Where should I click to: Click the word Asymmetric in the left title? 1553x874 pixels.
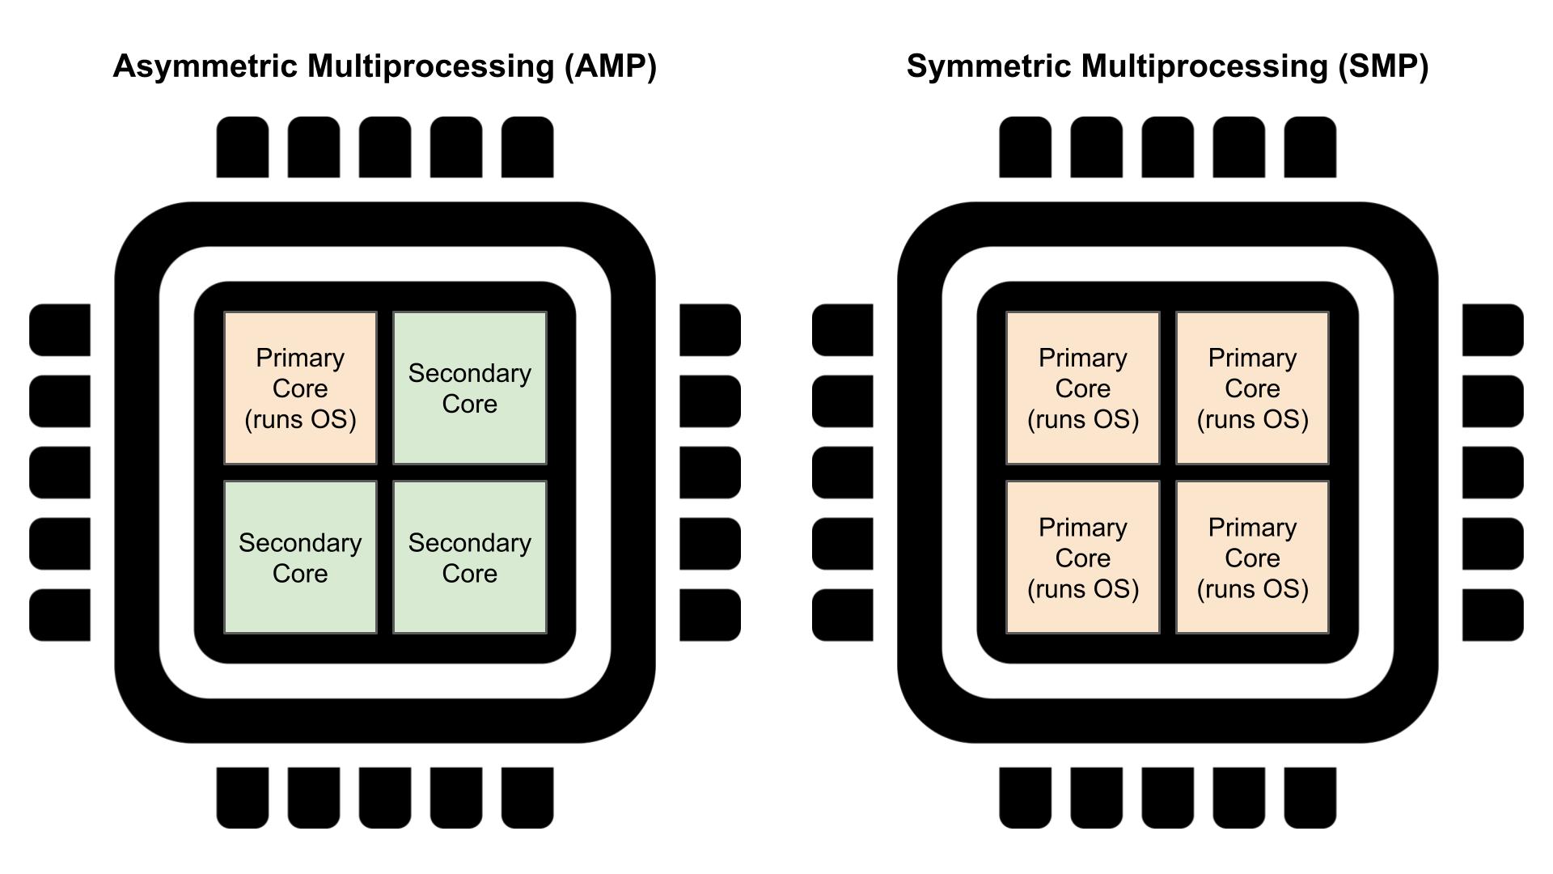click(x=205, y=66)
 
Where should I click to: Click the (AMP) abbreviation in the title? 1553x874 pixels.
click(x=610, y=66)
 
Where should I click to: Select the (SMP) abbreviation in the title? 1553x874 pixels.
click(x=1382, y=66)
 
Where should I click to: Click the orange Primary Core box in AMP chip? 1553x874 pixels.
click(x=300, y=388)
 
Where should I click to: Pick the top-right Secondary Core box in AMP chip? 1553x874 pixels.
click(x=470, y=388)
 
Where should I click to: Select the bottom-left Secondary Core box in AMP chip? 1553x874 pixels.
click(x=300, y=558)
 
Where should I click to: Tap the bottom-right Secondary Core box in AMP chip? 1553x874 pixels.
click(x=470, y=558)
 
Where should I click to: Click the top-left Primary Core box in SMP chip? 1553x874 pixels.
click(x=1083, y=388)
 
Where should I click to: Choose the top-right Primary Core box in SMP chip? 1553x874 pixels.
click(x=1253, y=388)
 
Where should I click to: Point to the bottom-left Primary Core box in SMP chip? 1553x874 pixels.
click(x=1083, y=558)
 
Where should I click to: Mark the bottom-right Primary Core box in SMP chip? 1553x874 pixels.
click(x=1253, y=558)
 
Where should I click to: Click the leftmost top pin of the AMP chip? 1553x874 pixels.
click(x=243, y=147)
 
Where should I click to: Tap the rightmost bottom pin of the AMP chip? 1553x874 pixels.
click(x=527, y=798)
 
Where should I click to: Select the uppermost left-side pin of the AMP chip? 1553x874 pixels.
click(x=60, y=330)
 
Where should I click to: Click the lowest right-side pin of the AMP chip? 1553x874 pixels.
click(x=710, y=615)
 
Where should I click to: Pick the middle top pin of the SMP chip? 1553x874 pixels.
click(x=1168, y=147)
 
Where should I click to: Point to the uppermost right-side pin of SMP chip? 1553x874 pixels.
click(x=1493, y=330)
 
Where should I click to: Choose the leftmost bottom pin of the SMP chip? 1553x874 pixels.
click(x=1026, y=798)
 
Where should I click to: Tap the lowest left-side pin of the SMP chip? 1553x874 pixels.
click(x=843, y=615)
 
